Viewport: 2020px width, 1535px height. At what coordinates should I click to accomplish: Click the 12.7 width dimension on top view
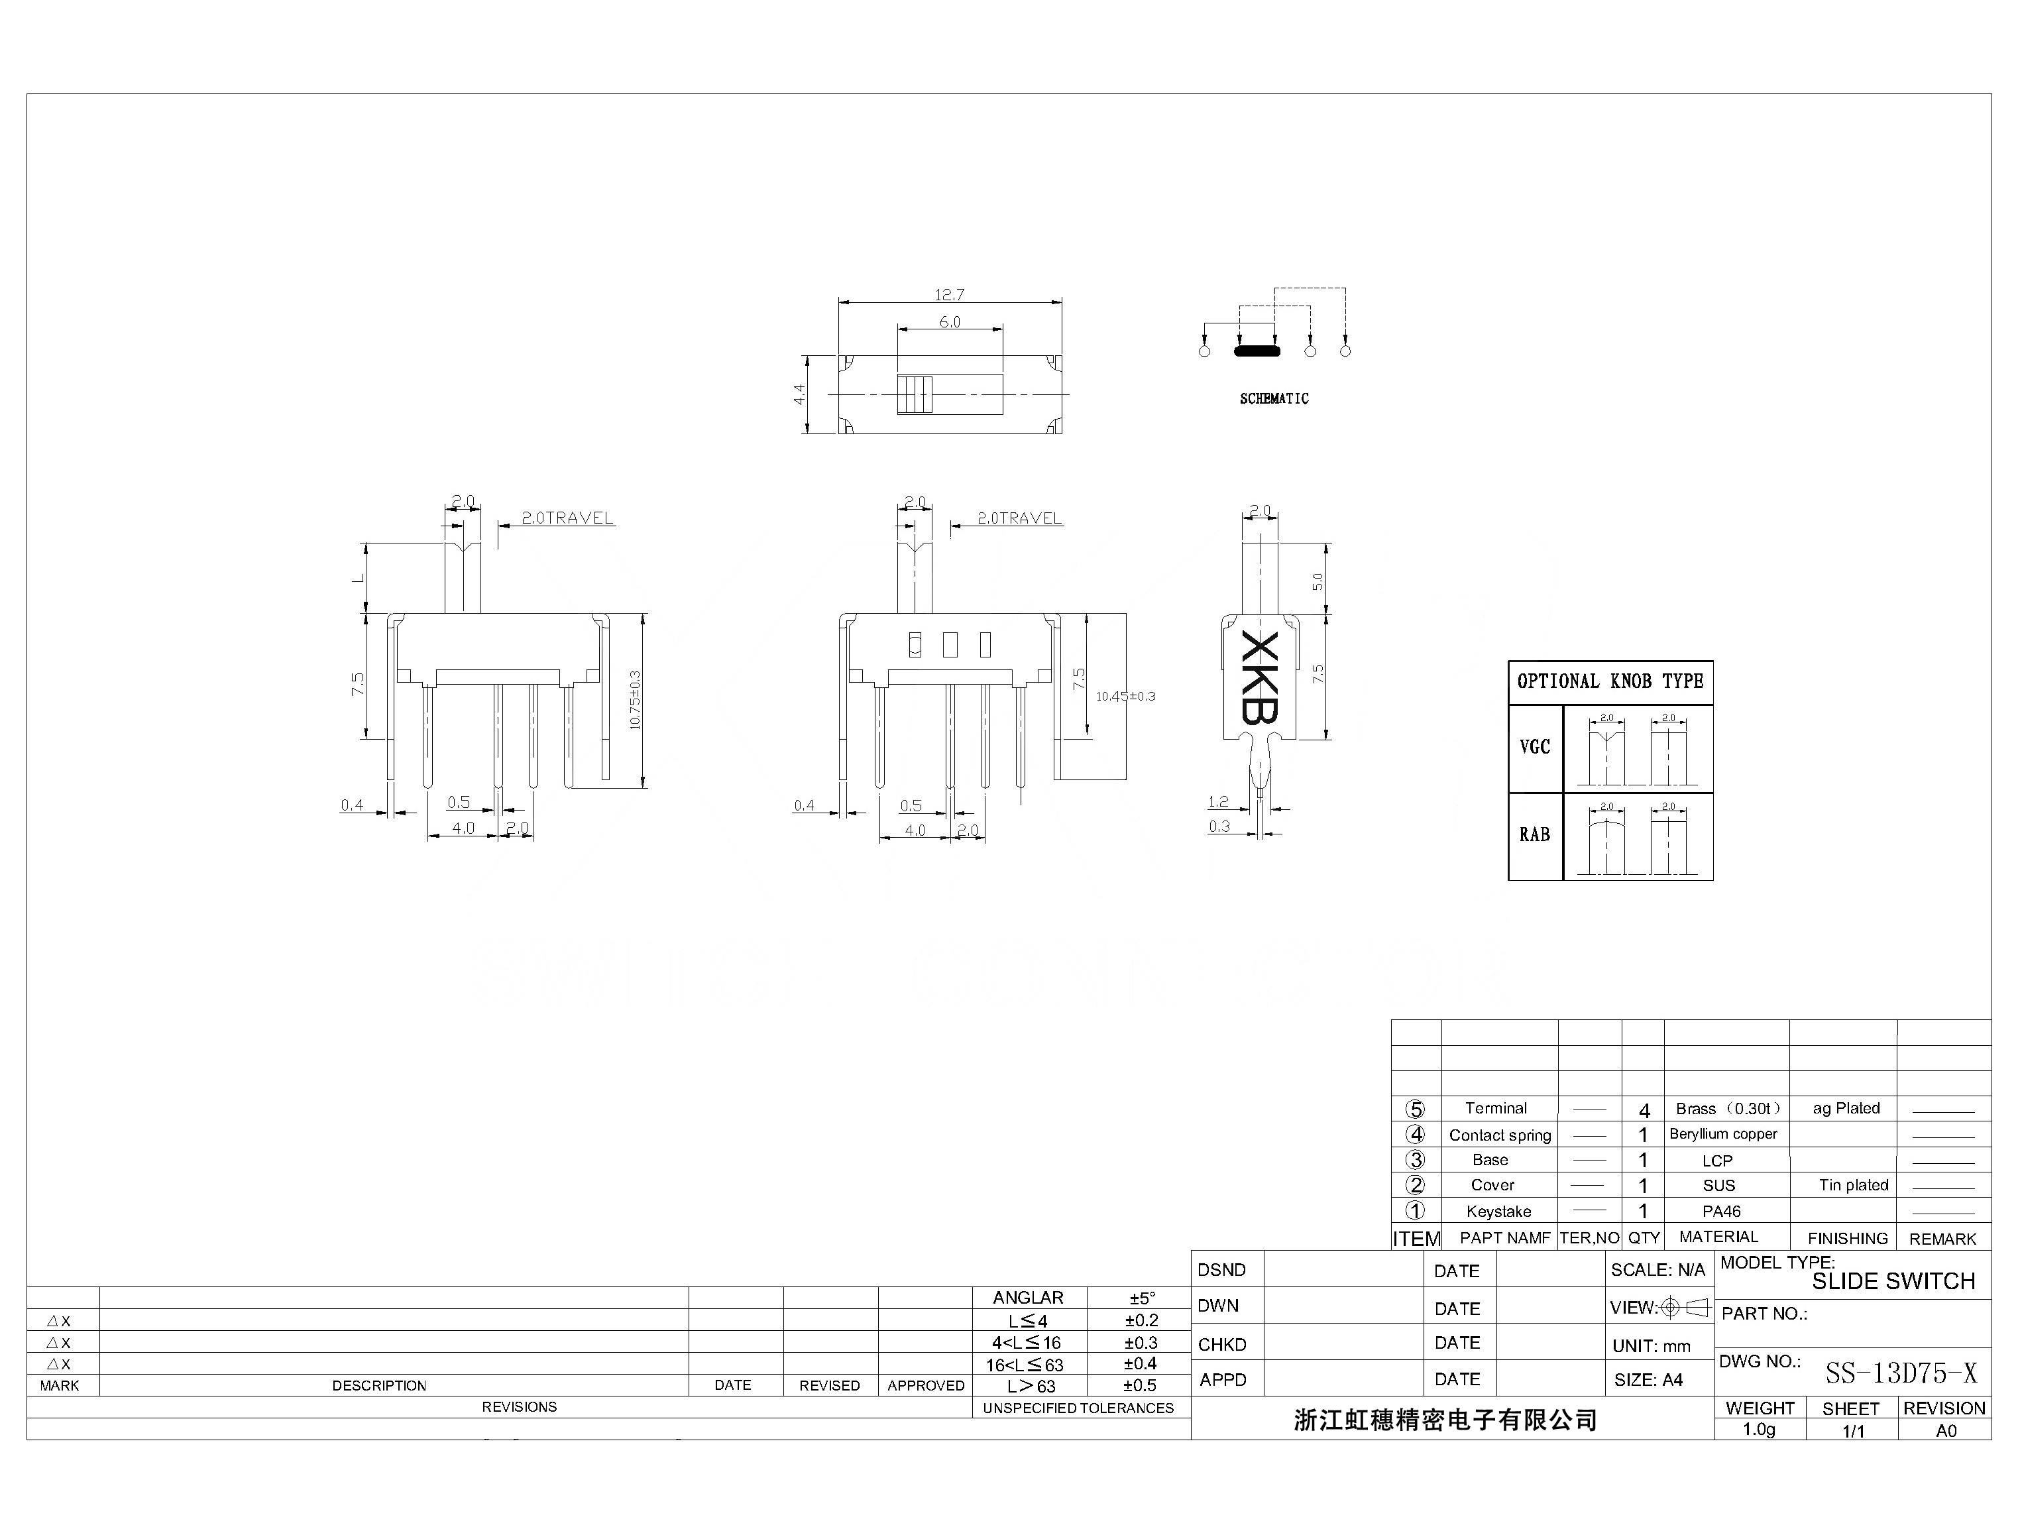tap(949, 295)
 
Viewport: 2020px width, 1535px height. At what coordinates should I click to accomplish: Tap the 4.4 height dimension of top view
tap(799, 395)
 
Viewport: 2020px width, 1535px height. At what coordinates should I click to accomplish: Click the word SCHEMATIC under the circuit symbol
tap(1274, 398)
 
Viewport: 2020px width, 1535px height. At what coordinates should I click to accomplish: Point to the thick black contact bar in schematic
tap(1257, 351)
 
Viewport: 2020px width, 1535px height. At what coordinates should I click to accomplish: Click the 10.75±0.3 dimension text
tap(635, 700)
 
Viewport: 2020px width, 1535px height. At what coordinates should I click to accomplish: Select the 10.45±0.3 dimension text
tap(1125, 696)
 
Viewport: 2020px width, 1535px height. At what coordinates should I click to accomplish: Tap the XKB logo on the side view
tap(1260, 677)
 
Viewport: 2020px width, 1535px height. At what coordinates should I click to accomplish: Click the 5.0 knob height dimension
tap(1318, 581)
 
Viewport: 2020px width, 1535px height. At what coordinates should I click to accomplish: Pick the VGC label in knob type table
tap(1534, 748)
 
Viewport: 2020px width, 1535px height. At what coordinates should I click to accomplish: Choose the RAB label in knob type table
tap(1534, 834)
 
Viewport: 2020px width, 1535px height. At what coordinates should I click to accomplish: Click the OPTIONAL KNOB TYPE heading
tap(1610, 681)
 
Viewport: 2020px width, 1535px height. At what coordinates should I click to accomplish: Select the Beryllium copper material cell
tap(1723, 1134)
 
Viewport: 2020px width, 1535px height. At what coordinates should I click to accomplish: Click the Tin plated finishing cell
tap(1853, 1185)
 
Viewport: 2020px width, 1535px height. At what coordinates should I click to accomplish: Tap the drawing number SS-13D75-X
tap(1900, 1373)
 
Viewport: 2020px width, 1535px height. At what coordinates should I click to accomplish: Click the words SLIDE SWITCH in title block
tap(1893, 1281)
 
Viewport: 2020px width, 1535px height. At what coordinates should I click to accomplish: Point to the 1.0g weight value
tap(1759, 1429)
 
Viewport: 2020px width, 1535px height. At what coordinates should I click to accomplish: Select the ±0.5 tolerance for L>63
tap(1139, 1385)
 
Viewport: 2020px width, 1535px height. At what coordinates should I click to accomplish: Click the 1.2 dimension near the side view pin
tap(1218, 802)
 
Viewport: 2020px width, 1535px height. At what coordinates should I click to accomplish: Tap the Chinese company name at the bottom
tap(1445, 1420)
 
